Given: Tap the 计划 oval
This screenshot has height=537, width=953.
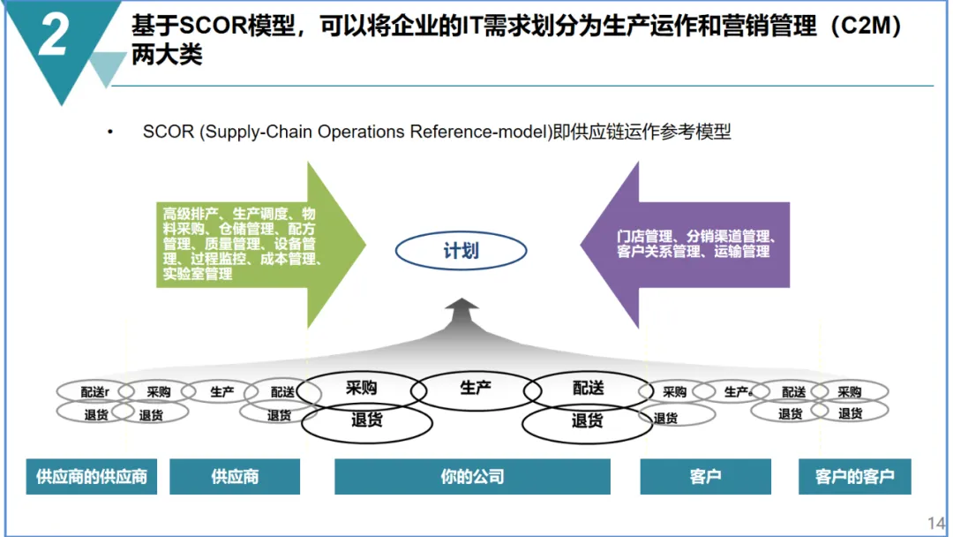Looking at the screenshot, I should (460, 252).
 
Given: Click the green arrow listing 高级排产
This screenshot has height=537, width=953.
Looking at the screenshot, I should (256, 244).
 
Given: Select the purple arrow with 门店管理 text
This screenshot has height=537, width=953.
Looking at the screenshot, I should (688, 245).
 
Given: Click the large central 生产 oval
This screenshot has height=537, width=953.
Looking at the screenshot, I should (476, 387).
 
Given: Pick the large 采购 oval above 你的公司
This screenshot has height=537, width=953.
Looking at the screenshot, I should (361, 387).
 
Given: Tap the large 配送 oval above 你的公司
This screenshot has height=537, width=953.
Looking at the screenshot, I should (588, 387).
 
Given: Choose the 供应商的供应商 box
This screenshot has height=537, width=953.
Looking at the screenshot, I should (91, 477).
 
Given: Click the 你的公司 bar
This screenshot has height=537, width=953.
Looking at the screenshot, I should (472, 477).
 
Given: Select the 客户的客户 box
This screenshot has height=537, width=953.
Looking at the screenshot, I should (854, 477).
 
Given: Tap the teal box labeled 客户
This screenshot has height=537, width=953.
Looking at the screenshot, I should (705, 477).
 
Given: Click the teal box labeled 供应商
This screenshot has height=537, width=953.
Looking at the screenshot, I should (235, 477).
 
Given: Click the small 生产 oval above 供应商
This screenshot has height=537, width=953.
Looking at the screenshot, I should (222, 391).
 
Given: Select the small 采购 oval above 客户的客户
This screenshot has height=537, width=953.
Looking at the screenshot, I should (849, 391).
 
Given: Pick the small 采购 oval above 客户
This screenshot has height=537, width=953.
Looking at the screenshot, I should (674, 391).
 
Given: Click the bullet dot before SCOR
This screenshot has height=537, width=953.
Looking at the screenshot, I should (110, 132).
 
